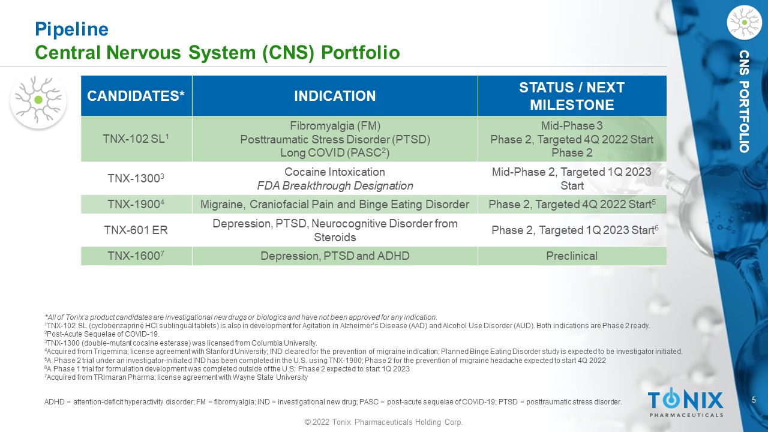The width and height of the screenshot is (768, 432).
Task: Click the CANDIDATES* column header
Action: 136,95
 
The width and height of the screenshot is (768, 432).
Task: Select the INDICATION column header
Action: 335,95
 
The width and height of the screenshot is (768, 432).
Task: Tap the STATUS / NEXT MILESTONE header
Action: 572,95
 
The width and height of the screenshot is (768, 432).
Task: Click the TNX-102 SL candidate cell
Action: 136,139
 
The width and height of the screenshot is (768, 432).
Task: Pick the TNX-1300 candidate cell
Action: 136,178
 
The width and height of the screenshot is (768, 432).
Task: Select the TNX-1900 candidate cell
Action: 136,205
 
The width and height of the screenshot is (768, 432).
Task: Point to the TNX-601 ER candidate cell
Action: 136,230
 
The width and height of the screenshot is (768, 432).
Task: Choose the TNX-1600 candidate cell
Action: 136,256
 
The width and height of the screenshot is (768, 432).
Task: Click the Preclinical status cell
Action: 572,256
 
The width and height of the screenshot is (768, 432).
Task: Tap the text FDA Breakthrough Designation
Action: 335,185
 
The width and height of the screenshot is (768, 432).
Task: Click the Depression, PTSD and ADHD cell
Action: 335,256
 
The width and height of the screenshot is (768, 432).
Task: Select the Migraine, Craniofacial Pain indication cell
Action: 335,205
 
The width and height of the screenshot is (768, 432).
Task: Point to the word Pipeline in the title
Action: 71,29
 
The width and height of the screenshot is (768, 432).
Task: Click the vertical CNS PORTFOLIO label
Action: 744,101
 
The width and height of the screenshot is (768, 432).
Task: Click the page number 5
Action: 754,400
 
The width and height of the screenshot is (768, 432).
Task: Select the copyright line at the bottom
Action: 383,422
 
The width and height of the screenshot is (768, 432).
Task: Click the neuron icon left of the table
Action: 38,100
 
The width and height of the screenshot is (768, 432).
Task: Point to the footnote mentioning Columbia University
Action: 181,343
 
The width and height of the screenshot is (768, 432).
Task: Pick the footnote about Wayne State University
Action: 176,377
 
